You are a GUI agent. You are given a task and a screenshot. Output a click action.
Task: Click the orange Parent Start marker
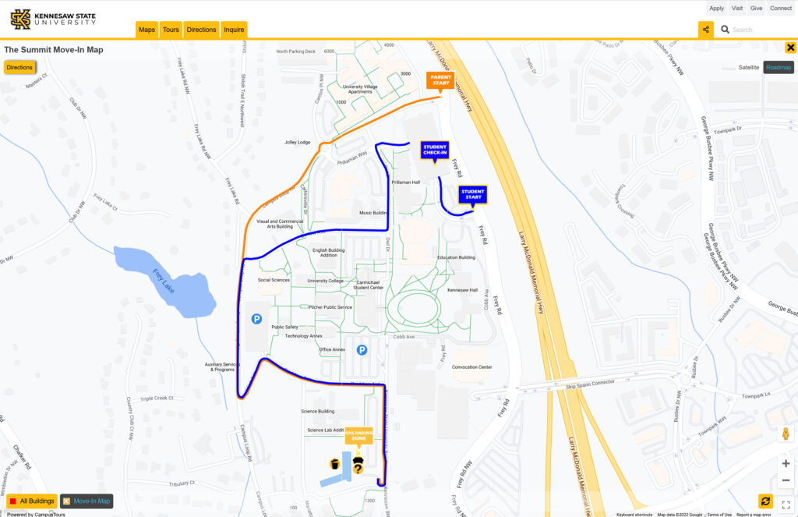440,80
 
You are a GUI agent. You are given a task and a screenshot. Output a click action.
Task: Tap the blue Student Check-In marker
435,149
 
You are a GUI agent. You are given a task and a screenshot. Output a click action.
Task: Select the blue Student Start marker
473,194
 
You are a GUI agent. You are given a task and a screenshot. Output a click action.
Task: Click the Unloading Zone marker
359,435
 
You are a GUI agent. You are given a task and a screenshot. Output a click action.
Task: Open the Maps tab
147,30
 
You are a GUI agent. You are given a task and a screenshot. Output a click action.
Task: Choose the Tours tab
171,30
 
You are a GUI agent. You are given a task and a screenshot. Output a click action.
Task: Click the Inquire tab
234,30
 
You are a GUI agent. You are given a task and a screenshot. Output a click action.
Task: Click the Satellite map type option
748,68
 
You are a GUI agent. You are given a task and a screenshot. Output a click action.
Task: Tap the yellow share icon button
705,30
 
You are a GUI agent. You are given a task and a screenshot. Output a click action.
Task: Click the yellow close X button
790,48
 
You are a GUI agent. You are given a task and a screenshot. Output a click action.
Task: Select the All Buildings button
32,501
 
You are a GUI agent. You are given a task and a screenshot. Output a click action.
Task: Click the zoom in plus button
786,463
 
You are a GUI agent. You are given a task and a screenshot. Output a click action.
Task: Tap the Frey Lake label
164,280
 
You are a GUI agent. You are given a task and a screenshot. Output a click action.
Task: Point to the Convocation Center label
471,367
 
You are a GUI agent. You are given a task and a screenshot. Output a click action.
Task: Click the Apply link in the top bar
716,8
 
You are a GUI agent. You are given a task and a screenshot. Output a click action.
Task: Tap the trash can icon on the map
334,464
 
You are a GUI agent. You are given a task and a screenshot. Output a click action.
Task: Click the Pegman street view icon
786,434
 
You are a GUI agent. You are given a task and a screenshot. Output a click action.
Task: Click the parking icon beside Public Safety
256,318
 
